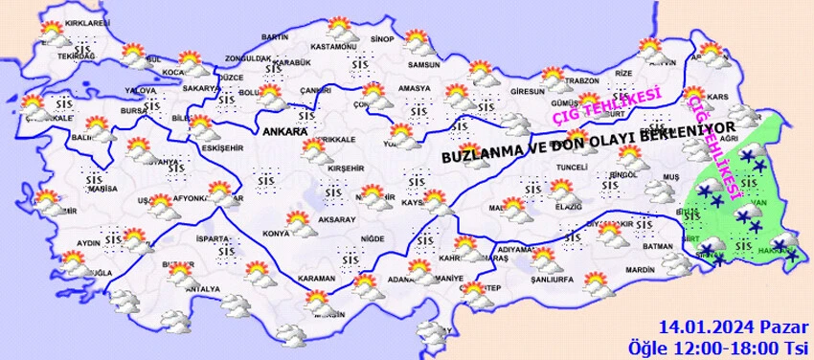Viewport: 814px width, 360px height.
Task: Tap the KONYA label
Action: click(x=276, y=233)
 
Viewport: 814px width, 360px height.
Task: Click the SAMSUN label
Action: click(x=423, y=65)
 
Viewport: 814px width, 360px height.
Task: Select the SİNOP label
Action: click(x=382, y=39)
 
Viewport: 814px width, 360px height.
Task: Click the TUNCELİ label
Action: click(x=573, y=168)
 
